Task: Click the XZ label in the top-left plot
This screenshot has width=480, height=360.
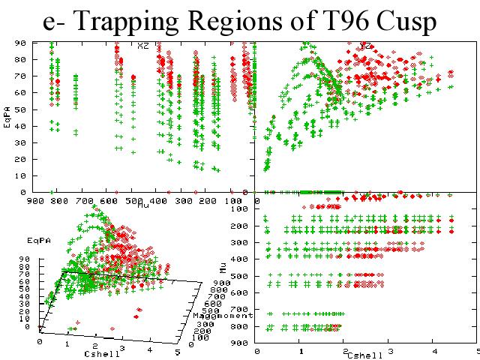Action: pos(143,45)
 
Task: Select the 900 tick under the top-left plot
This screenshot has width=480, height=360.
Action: pos(34,201)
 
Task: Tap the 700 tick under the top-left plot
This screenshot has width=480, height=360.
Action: pos(83,201)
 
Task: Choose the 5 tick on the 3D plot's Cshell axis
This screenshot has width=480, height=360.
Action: pos(177,351)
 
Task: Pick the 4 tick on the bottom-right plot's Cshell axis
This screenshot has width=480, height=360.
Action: pos(433,351)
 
